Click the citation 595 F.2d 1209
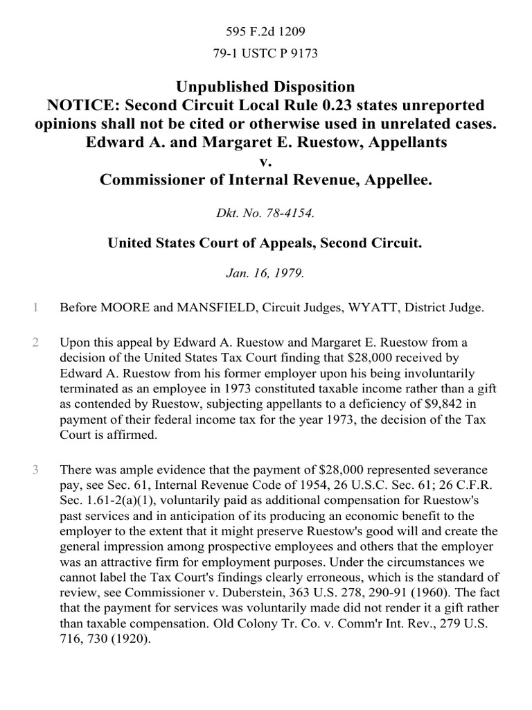(x=266, y=31)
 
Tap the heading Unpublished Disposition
(x=266, y=87)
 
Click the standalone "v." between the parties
(x=266, y=162)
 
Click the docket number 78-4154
(x=291, y=214)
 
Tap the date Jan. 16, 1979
(x=266, y=273)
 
